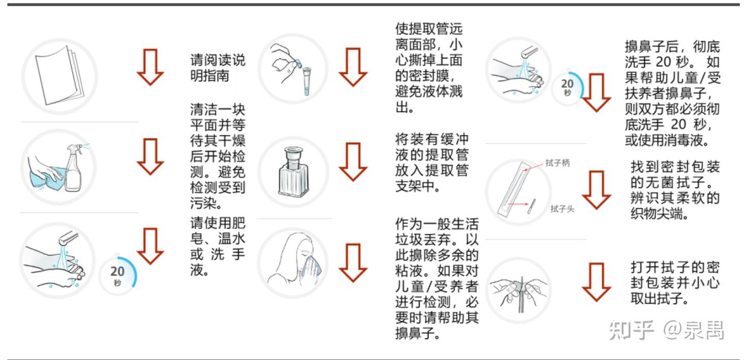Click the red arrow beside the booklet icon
click(x=150, y=67)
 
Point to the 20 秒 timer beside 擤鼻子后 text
click(x=568, y=87)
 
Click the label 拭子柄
click(x=557, y=163)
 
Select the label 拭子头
click(x=562, y=209)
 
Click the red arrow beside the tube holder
click(x=353, y=161)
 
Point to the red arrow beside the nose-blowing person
click(x=353, y=262)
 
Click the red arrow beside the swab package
click(x=597, y=190)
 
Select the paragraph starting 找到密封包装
click(x=675, y=190)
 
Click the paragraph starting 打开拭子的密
click(x=675, y=283)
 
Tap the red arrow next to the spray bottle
click(x=150, y=156)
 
